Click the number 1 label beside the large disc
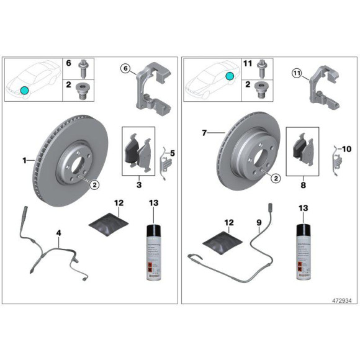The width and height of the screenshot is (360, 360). point(25,160)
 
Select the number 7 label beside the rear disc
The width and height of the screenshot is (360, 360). point(203,133)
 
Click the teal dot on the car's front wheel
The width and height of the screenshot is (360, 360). point(24,91)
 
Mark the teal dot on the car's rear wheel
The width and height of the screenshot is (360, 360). point(229,76)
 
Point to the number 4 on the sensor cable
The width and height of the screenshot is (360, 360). point(59,233)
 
